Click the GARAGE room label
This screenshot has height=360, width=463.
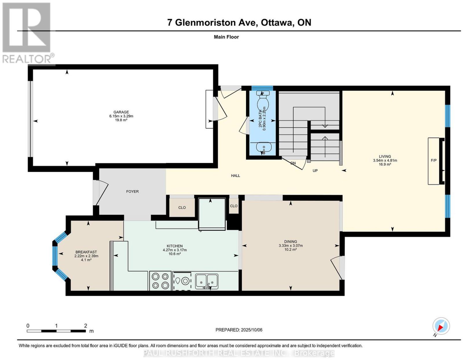point(121,112)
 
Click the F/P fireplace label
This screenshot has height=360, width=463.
point(433,160)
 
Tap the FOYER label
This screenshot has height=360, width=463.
point(132,191)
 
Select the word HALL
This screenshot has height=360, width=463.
point(236,176)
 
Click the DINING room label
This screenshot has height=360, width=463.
point(291,242)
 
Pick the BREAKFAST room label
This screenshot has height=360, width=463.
point(86,252)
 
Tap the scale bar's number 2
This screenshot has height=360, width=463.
point(85,326)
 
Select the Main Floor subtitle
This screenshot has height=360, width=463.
point(226,37)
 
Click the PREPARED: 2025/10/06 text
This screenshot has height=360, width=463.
point(239,330)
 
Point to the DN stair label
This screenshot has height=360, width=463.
point(293,163)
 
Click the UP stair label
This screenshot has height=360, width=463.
point(315,171)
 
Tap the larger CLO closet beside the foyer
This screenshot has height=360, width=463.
point(182,208)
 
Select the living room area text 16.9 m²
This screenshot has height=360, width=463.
point(385,164)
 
